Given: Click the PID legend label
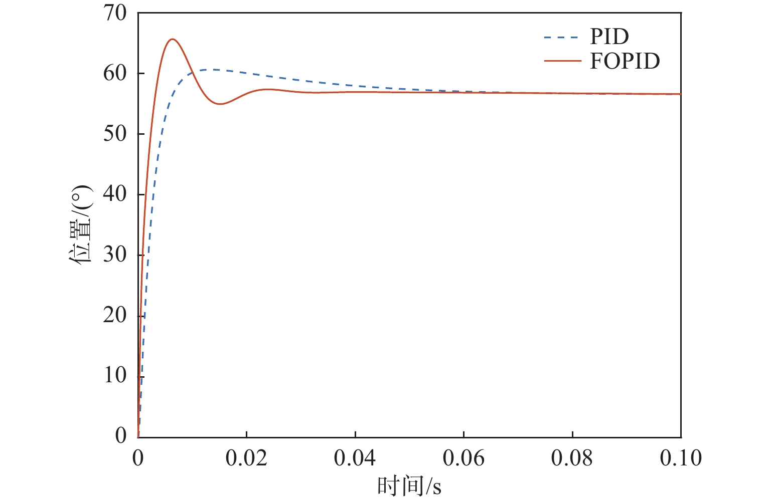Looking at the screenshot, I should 609,37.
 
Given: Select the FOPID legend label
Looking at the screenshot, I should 625,61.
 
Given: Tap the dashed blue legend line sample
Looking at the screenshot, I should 561,37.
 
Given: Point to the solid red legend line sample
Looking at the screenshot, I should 561,61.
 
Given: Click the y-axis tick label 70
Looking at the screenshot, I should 115,13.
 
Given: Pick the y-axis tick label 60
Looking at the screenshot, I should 115,73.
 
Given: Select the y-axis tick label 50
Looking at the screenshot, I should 115,134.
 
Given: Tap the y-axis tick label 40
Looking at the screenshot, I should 115,194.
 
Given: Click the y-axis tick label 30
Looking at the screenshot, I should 115,255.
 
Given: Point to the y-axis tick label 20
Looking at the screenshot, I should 115,316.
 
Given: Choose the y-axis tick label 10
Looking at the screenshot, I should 115,376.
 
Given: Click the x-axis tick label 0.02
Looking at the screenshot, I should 246,458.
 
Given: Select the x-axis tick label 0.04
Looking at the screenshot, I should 355,458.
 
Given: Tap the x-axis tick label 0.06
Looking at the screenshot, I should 464,458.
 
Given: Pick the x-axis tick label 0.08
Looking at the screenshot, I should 572,458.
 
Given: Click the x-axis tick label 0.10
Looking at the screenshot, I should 681,458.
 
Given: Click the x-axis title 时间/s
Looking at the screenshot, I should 409,486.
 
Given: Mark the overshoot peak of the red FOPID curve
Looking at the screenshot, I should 173,39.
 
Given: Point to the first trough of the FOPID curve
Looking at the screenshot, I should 220,104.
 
